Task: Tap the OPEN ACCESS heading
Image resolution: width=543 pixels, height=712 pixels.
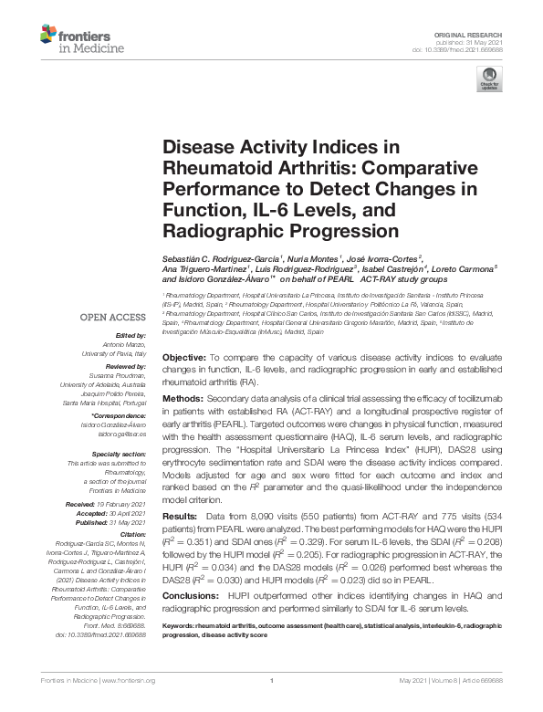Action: point(112,318)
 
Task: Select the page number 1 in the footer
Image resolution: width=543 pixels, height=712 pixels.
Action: point(271,706)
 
